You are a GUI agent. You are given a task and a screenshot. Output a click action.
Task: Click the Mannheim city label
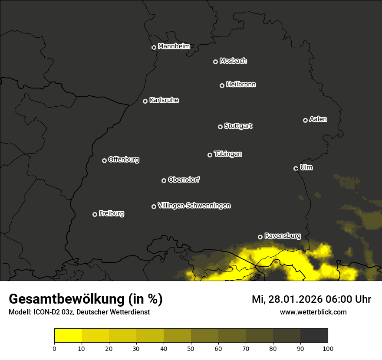pyautogui.click(x=174, y=46)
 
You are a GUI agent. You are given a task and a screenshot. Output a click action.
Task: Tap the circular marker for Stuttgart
pyautogui.click(x=220, y=127)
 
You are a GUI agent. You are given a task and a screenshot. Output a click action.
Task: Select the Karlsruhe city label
pyautogui.click(x=164, y=100)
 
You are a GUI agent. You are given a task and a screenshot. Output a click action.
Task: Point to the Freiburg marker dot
pyautogui.click(x=95, y=214)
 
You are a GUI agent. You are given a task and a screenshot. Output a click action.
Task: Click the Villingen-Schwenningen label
pyautogui.click(x=194, y=206)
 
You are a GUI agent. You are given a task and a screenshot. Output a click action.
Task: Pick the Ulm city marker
pyautogui.click(x=296, y=168)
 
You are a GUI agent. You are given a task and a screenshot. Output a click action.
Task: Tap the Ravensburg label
pyautogui.click(x=282, y=236)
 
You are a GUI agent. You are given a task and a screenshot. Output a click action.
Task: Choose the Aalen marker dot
pyautogui.click(x=305, y=120)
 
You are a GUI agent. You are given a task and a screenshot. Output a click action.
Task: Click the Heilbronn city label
pyautogui.click(x=241, y=85)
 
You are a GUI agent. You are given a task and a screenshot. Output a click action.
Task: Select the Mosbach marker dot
pyautogui.click(x=215, y=62)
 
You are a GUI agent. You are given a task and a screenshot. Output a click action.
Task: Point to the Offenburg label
pyautogui.click(x=124, y=160)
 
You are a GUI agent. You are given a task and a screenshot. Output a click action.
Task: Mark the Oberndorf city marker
pyautogui.click(x=164, y=180)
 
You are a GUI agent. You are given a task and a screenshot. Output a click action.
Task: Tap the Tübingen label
pyautogui.click(x=228, y=154)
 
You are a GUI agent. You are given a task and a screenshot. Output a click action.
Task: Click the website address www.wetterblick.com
pyautogui.click(x=313, y=312)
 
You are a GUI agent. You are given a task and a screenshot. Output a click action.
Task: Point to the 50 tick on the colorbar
pyautogui.click(x=191, y=348)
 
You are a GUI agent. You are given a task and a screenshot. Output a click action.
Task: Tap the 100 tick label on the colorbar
pyautogui.click(x=328, y=348)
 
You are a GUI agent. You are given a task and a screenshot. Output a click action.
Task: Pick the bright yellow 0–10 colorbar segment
pyautogui.click(x=68, y=335)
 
